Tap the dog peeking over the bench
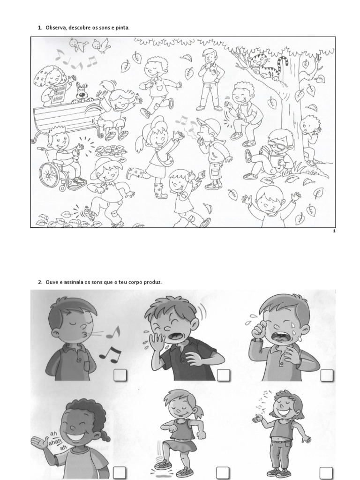[81, 92]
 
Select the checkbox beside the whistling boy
[120, 375]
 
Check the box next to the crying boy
[327, 375]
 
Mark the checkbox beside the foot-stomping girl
[223, 472]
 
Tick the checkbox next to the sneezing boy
[223, 375]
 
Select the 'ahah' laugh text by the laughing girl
[55, 441]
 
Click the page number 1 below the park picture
[334, 231]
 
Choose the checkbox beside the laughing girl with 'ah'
[120, 472]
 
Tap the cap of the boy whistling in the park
[209, 124]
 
